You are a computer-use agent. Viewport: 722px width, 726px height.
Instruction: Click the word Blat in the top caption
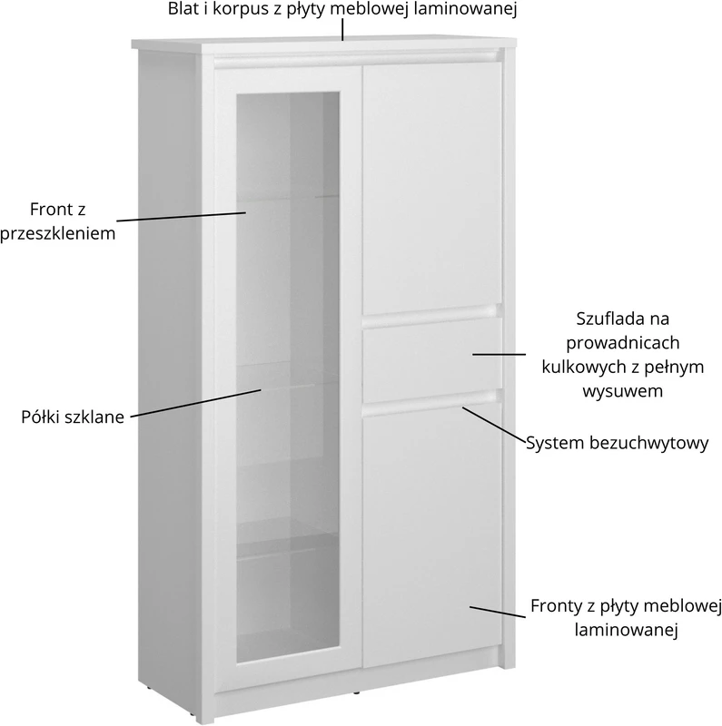[x=183, y=8]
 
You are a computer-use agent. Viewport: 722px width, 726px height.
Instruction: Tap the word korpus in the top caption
[x=241, y=9]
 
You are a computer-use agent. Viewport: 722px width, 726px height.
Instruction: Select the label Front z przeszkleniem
[x=57, y=221]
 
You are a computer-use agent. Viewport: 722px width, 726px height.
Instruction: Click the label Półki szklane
[x=73, y=417]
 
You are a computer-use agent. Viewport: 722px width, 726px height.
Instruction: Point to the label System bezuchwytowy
[x=618, y=443]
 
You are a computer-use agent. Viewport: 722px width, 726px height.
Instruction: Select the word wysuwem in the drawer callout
[x=622, y=391]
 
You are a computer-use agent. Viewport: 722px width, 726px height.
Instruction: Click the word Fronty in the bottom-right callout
[x=555, y=606]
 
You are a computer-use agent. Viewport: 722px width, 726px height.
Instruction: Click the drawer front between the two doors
[x=432, y=359]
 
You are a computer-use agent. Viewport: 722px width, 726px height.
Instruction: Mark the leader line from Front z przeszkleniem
[x=181, y=217]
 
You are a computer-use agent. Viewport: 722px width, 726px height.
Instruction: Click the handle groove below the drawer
[x=432, y=401]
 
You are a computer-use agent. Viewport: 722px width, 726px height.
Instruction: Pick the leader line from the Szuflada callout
[x=499, y=355]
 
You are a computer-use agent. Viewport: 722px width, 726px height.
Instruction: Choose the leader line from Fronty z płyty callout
[x=498, y=612]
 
